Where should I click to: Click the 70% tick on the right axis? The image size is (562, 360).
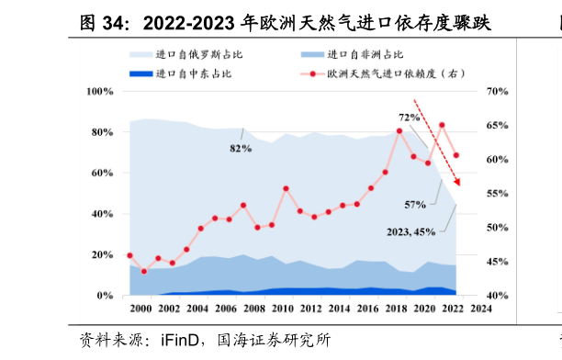[495, 92]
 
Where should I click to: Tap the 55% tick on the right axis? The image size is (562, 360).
[495, 194]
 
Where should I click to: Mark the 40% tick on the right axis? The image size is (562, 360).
[495, 296]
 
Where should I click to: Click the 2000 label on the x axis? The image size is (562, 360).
[140, 309]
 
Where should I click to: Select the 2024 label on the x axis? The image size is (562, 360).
[480, 309]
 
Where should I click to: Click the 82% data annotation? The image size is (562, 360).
[241, 148]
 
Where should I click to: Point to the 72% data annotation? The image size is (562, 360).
[409, 118]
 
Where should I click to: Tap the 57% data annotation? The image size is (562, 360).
[415, 204]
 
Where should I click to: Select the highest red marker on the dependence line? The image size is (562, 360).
[442, 125]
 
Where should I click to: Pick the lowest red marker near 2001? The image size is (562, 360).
[143, 272]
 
